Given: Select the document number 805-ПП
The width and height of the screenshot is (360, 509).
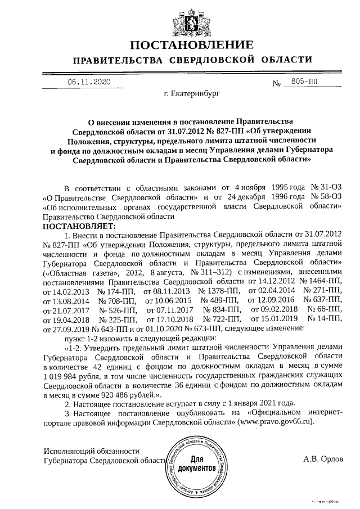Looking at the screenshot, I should tap(301, 82).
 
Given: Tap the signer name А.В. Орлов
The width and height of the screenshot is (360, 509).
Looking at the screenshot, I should tap(322, 459).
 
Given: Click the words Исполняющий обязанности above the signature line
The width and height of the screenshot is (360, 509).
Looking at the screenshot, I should tap(91, 451).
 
